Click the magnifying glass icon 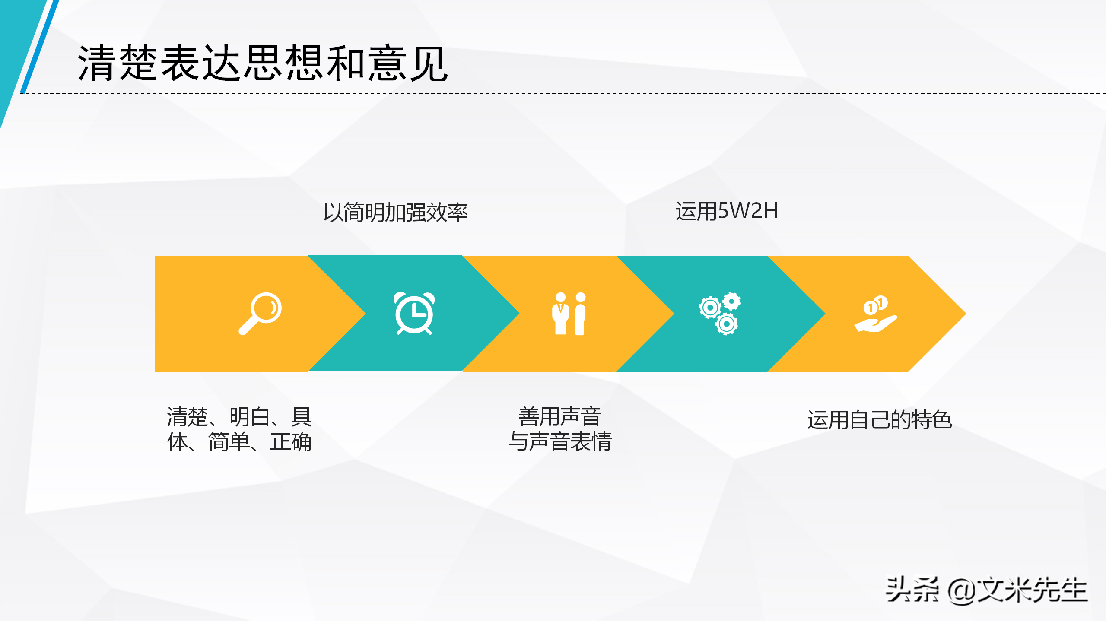[x=260, y=314]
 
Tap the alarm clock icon [x=414, y=314]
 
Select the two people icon [x=569, y=314]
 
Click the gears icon [x=719, y=314]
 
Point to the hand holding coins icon [x=875, y=314]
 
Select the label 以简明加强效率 [x=395, y=213]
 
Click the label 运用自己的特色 [x=880, y=420]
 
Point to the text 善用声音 [x=560, y=417]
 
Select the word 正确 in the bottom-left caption [x=291, y=442]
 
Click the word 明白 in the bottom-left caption [x=250, y=417]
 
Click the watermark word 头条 [x=912, y=590]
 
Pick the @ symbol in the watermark [x=962, y=591]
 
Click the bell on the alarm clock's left [x=399, y=298]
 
